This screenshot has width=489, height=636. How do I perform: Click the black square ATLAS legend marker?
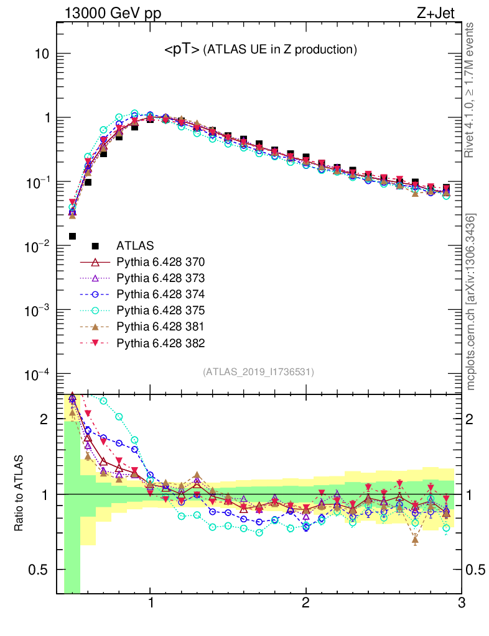point(95,245)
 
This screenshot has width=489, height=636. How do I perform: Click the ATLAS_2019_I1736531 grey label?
point(258,372)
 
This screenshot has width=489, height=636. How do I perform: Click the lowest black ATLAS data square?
point(72,236)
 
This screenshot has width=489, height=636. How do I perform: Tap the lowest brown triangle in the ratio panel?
point(415,540)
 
